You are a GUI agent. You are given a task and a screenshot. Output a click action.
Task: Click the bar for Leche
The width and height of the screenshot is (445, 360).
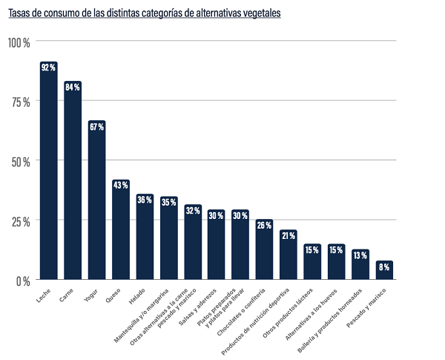[x=48, y=174]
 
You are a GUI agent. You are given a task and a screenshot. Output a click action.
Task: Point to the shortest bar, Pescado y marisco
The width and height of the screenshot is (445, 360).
[x=385, y=271]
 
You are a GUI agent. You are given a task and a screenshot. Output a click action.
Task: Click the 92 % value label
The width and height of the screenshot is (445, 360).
[x=48, y=68]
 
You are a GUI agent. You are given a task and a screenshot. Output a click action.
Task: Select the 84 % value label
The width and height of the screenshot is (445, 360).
[x=73, y=87]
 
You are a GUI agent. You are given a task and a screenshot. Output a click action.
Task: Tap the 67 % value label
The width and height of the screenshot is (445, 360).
[x=96, y=127]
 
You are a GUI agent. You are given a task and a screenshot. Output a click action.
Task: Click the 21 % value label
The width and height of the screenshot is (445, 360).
[x=289, y=235]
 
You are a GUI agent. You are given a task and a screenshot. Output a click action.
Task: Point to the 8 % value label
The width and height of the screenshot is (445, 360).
[x=385, y=266]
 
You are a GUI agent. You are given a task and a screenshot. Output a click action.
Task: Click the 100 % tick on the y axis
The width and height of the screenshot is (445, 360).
[x=19, y=42]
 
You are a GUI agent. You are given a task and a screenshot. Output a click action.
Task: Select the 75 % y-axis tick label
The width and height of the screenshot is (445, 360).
[x=20, y=102]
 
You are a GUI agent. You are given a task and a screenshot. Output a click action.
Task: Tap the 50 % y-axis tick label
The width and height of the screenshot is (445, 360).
[x=20, y=161]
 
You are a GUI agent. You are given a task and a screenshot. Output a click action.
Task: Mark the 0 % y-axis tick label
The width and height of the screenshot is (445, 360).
[x=23, y=281]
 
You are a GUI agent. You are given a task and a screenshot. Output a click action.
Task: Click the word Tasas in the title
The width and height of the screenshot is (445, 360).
[x=20, y=13]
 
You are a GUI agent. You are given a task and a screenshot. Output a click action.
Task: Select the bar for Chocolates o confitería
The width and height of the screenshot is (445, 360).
[x=265, y=252]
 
